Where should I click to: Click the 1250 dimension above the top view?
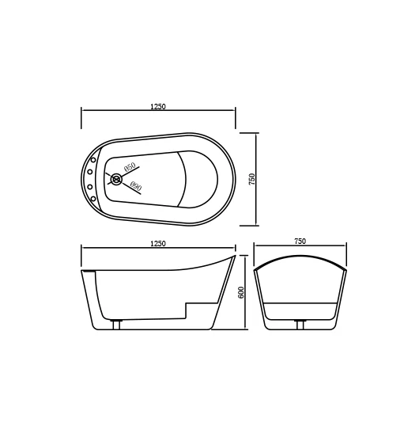tap(158, 107)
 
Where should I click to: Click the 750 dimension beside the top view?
tap(252, 179)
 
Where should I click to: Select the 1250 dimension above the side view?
tap(158, 244)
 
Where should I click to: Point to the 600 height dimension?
tap(241, 292)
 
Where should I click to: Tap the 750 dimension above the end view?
tap(300, 242)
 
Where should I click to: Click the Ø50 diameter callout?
tap(130, 167)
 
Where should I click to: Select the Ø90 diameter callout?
tap(134, 187)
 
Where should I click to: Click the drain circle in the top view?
tap(117, 180)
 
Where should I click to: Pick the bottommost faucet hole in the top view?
tap(93, 198)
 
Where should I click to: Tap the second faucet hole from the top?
tap(90, 172)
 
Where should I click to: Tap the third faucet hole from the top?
tap(90, 187)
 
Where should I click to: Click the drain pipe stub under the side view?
tap(117, 325)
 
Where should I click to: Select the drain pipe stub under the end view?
tap(300, 325)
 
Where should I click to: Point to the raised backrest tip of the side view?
tap(233, 257)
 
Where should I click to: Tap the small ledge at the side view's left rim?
tap(89, 272)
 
